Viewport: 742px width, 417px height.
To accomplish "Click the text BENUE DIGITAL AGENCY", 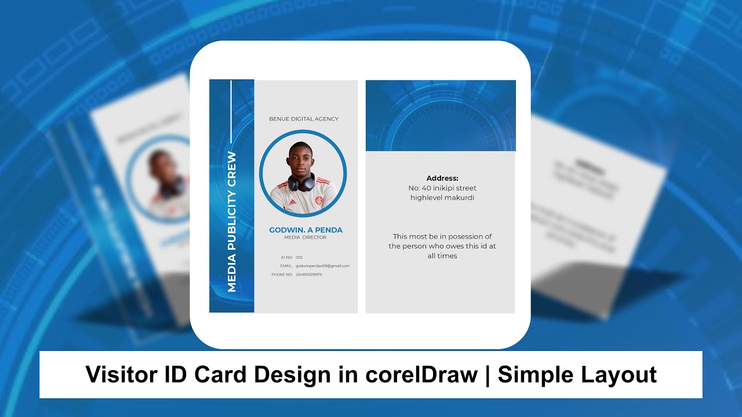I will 303,119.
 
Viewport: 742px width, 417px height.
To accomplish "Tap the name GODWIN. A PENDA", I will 305,230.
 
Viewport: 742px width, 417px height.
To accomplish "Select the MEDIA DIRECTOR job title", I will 305,237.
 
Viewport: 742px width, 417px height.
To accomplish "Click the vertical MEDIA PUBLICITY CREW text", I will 232,221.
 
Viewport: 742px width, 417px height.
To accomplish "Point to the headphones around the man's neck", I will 301,183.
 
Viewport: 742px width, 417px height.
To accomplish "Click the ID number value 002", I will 299,257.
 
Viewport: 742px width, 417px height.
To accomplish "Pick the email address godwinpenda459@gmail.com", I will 322,266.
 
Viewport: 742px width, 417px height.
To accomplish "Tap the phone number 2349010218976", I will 308,275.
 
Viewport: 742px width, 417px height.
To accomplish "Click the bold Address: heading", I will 442,178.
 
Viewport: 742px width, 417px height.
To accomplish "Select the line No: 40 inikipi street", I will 442,188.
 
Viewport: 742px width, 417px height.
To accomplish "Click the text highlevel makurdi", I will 442,198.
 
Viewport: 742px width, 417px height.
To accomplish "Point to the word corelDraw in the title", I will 421,375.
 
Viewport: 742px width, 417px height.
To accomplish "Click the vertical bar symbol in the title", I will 488,375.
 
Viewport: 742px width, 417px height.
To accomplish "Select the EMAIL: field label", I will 286,266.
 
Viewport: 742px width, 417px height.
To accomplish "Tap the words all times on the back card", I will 442,256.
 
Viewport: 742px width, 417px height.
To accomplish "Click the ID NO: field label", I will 286,257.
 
